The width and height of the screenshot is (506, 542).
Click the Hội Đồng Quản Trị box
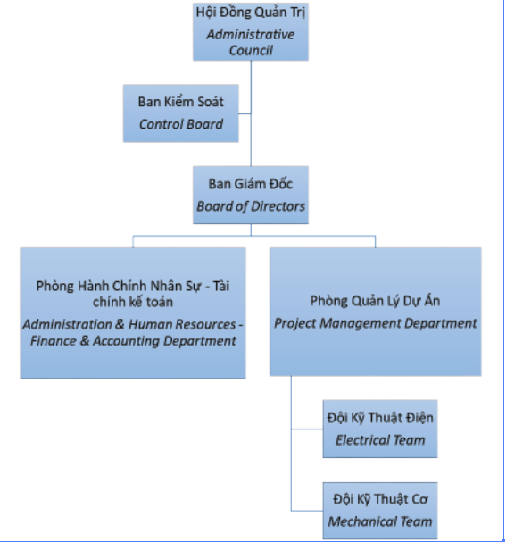(x=251, y=32)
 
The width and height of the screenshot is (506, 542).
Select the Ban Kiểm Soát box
(x=180, y=113)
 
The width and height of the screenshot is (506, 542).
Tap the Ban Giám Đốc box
(x=251, y=195)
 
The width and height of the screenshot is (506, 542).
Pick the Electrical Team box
(x=380, y=429)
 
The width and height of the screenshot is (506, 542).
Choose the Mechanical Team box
(x=380, y=511)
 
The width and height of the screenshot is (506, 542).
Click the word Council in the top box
(x=251, y=51)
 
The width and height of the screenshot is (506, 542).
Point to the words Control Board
(x=181, y=124)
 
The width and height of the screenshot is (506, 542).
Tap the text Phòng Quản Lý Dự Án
(x=375, y=301)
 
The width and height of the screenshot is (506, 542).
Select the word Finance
(x=54, y=341)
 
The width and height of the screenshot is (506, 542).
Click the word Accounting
(x=127, y=341)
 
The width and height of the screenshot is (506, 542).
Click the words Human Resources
(x=182, y=325)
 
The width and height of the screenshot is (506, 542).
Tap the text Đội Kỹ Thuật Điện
(x=380, y=418)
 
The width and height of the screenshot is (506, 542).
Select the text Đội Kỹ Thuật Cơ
(x=380, y=499)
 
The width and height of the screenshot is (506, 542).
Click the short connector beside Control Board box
(x=245, y=113)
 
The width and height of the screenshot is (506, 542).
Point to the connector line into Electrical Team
(x=307, y=429)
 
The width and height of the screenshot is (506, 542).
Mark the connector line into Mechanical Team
(x=307, y=511)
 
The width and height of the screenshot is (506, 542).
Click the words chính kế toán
(x=133, y=302)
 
